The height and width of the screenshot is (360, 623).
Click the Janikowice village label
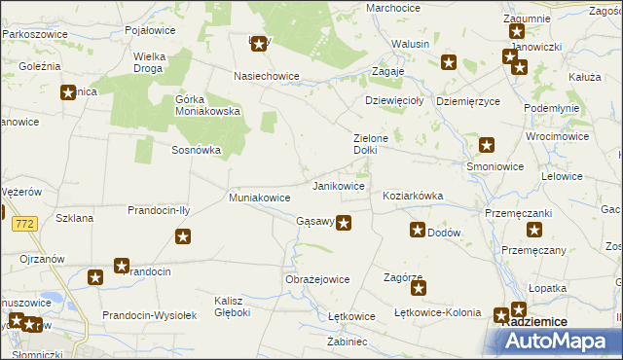pyautogui.click(x=338, y=185)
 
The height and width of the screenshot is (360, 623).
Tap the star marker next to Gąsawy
pyautogui.click(x=344, y=223)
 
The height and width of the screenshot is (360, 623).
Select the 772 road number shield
pyautogui.click(x=26, y=224)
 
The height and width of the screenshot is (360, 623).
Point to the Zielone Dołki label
pyautogui.click(x=371, y=144)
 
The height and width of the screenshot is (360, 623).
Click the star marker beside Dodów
pyautogui.click(x=418, y=231)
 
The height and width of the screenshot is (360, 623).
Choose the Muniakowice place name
pyautogui.click(x=259, y=198)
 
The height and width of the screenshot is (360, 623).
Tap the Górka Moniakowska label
pyautogui.click(x=208, y=104)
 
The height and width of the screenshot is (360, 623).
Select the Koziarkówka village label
pyautogui.click(x=413, y=196)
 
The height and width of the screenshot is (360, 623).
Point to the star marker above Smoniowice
pyautogui.click(x=487, y=146)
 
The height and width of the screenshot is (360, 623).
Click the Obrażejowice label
pyautogui.click(x=317, y=279)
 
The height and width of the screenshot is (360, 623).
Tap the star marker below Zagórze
pyautogui.click(x=416, y=289)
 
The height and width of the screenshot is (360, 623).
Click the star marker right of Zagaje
pyautogui.click(x=449, y=63)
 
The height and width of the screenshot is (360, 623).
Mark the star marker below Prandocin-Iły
pyautogui.click(x=182, y=235)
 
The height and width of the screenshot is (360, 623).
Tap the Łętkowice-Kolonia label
pyautogui.click(x=434, y=313)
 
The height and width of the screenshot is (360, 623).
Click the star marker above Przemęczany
pyautogui.click(x=534, y=231)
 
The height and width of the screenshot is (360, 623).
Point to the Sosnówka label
pyautogui.click(x=197, y=151)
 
